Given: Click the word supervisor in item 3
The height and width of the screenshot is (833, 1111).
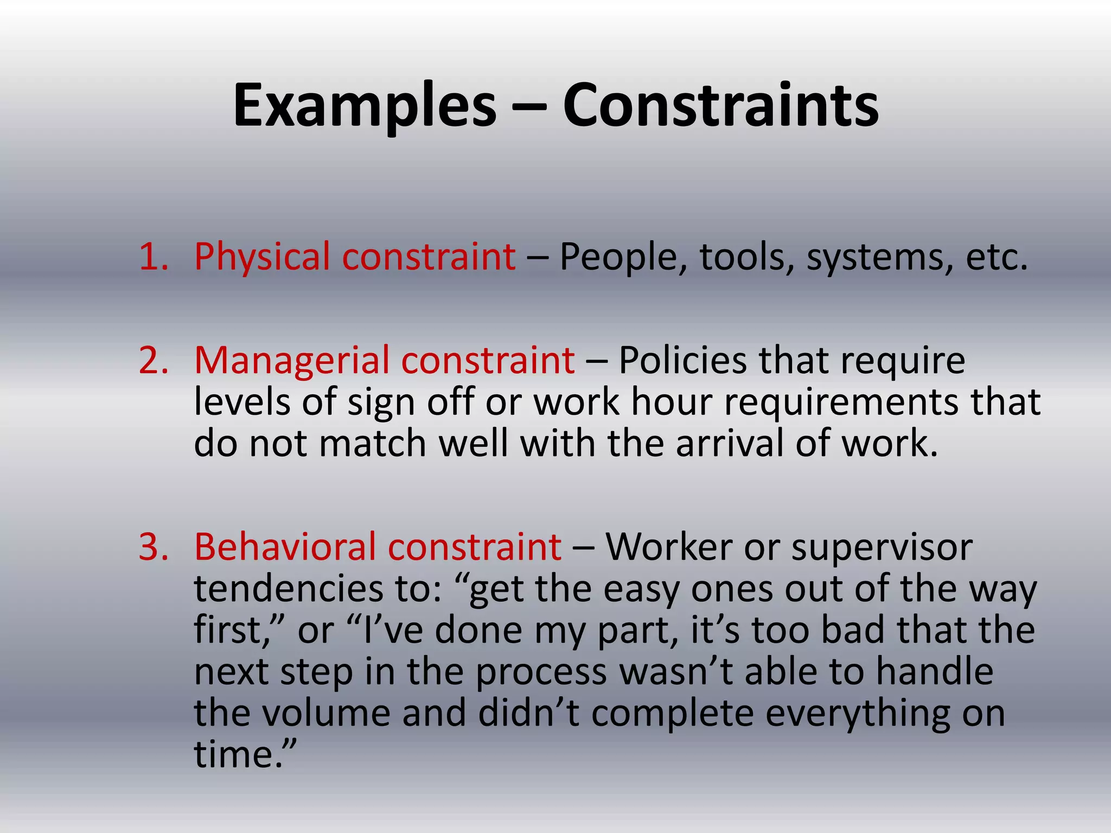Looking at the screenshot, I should click(x=882, y=547).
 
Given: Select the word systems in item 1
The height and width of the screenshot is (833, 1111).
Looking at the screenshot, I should click(x=879, y=258).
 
